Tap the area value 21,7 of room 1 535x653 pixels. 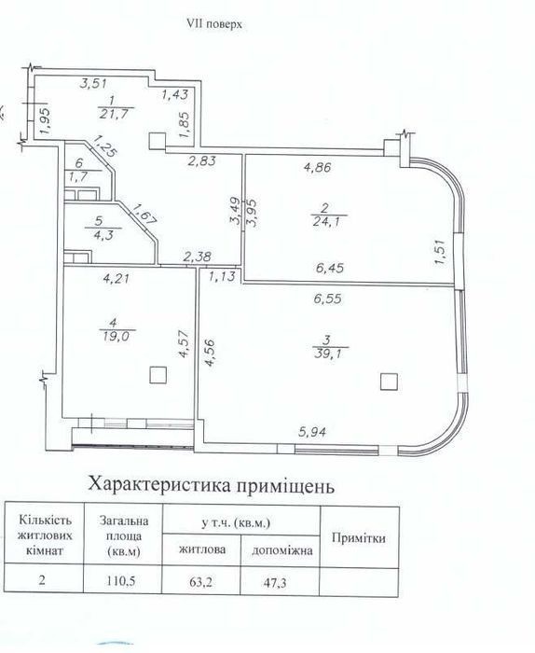click(114, 114)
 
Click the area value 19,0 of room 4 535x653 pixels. click(117, 336)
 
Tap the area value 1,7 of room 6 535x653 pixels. click(78, 177)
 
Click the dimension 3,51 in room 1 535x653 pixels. click(93, 83)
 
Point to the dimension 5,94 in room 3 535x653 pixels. click(312, 433)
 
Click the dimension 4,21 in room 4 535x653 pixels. click(116, 278)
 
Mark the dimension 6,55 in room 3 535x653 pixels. click(328, 299)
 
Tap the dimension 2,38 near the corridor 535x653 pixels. click(198, 257)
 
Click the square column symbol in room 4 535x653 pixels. click(158, 375)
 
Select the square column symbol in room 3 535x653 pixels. click(389, 381)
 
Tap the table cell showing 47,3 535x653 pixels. click(280, 583)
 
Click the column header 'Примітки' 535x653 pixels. click(359, 538)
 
